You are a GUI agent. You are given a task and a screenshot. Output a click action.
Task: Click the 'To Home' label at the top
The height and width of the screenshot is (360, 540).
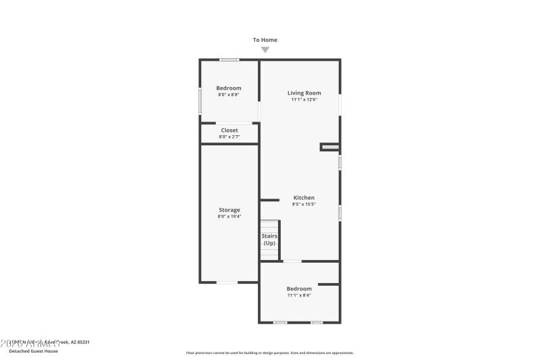pyautogui.click(x=265, y=40)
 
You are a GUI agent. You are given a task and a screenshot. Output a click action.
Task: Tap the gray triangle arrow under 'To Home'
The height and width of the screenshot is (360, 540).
pyautogui.click(x=265, y=49)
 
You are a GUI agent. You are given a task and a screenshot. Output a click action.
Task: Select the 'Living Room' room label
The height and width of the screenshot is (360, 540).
pyautogui.click(x=304, y=93)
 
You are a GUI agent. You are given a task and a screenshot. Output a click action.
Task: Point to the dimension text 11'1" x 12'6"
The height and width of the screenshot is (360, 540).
pyautogui.click(x=304, y=99)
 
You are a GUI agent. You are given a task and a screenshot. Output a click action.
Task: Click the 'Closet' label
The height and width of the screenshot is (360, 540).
pyautogui.click(x=229, y=130)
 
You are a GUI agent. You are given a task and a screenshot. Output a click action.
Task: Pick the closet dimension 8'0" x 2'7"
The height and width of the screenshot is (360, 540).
pyautogui.click(x=229, y=137)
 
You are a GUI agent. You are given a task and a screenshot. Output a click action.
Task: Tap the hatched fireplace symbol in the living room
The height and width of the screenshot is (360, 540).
pyautogui.click(x=329, y=147)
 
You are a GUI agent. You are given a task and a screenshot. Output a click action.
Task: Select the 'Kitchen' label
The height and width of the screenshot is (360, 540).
pyautogui.click(x=304, y=198)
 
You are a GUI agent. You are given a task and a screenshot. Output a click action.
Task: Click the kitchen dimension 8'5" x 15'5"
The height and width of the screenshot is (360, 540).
pyautogui.click(x=304, y=204)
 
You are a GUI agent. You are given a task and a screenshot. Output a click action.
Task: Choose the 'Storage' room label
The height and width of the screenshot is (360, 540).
pyautogui.click(x=229, y=210)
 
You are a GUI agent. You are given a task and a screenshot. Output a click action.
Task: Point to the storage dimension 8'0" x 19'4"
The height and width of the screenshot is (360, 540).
pyautogui.click(x=229, y=217)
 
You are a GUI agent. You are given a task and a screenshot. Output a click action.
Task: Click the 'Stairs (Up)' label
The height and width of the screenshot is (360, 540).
pyautogui.click(x=269, y=239)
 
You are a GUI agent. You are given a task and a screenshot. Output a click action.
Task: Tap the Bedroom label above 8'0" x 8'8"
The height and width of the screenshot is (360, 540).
pyautogui.click(x=228, y=88)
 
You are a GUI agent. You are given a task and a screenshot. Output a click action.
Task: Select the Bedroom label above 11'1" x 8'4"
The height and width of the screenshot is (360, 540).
pyautogui.click(x=299, y=288)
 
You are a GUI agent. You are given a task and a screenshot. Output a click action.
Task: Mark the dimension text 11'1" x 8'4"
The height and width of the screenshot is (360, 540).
pyautogui.click(x=299, y=295)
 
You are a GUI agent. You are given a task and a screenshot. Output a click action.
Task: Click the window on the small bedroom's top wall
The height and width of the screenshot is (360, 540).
pyautogui.click(x=229, y=60)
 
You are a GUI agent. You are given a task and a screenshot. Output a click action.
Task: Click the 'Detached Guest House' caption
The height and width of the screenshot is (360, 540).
pyautogui.click(x=33, y=351)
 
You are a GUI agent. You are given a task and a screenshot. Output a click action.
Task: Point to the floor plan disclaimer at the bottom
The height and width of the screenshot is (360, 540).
pyautogui.click(x=269, y=353)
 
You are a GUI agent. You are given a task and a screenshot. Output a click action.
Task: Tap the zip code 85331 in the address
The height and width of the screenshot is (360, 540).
pyautogui.click(x=82, y=342)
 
